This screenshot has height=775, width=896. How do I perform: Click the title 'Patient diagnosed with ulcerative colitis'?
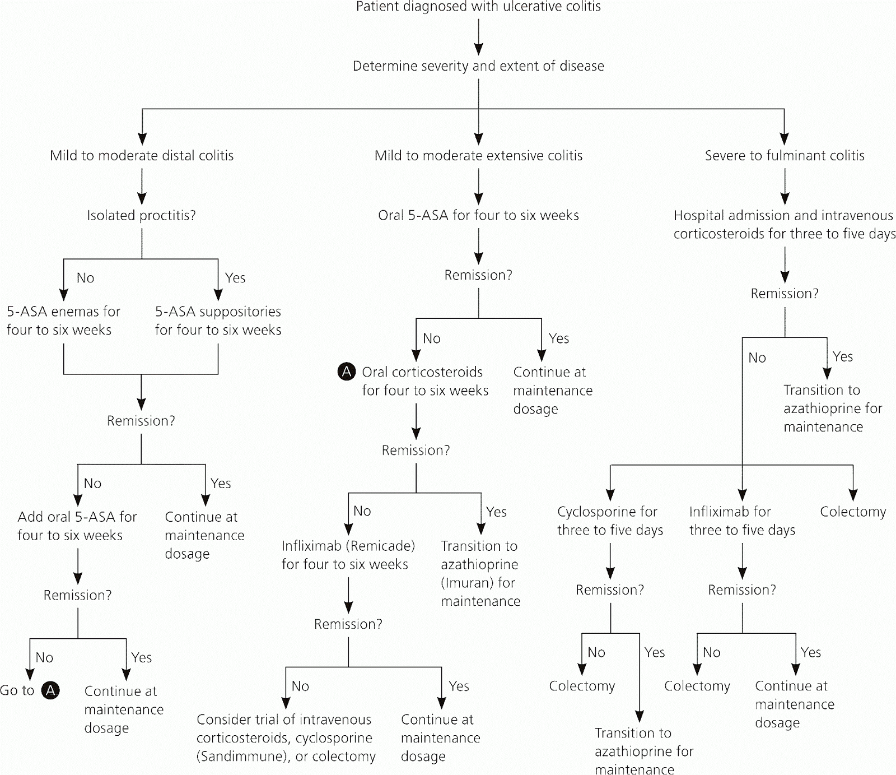(x=478, y=7)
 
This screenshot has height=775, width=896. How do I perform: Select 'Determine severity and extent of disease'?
(x=478, y=66)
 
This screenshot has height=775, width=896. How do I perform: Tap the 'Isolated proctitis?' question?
(x=141, y=216)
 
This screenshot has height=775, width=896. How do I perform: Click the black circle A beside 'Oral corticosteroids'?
(x=347, y=372)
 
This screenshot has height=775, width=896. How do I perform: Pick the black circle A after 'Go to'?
(x=50, y=690)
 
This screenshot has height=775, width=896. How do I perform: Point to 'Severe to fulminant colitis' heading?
(x=785, y=156)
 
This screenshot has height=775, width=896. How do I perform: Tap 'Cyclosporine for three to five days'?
(x=610, y=521)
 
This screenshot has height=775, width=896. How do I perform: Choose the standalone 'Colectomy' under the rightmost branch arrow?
(x=853, y=512)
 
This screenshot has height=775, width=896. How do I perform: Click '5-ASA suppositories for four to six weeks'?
(x=218, y=321)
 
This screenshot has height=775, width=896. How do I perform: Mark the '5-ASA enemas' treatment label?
(x=63, y=321)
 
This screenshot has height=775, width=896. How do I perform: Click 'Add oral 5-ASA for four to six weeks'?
(x=77, y=526)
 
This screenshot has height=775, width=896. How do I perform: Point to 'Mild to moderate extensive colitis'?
(x=478, y=156)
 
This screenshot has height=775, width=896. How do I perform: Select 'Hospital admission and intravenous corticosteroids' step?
(x=784, y=225)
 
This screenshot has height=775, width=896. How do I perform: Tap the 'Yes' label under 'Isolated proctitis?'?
(x=235, y=278)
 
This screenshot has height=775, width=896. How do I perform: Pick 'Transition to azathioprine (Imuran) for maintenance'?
(x=480, y=573)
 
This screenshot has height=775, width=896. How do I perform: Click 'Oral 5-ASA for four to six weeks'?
(x=478, y=216)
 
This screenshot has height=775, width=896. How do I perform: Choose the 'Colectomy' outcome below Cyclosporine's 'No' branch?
(x=582, y=686)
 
